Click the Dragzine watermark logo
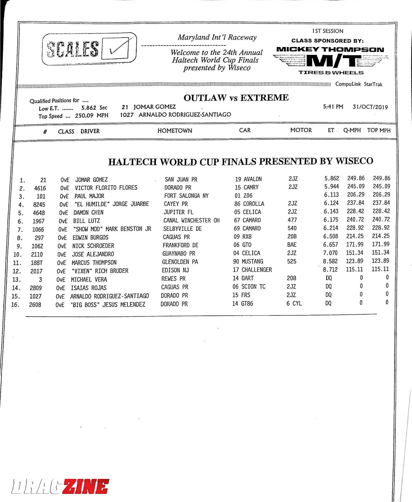(60, 486)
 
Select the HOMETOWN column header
(175, 130)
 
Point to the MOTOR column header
(301, 130)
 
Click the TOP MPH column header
(379, 130)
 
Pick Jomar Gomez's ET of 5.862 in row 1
(332, 178)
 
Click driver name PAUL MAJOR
(89, 196)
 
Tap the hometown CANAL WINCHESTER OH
(191, 220)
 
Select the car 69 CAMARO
(247, 228)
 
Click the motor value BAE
(292, 244)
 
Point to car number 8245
(39, 204)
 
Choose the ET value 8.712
(330, 270)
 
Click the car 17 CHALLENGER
(252, 270)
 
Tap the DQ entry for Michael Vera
(329, 278)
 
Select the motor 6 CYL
(294, 303)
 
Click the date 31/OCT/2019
(370, 107)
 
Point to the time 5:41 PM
(333, 107)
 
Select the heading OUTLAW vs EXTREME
(236, 98)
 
